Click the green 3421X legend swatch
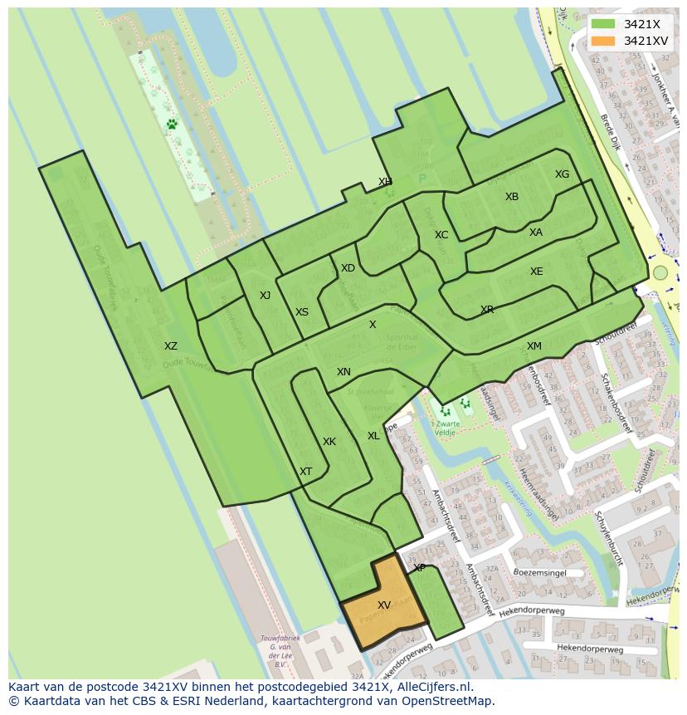tap(603, 24)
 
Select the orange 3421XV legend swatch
tap(603, 41)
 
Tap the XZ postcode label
tap(170, 346)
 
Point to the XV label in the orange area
tap(384, 605)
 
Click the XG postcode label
tap(563, 174)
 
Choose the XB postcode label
tap(512, 197)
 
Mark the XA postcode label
tap(536, 233)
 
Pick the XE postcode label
tap(537, 272)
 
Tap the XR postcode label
tap(487, 310)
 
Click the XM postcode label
tap(534, 346)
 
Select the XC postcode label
tap(441, 235)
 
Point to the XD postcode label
tap(348, 268)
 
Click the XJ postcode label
tap(265, 296)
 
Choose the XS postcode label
tap(302, 312)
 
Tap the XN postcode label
tap(343, 372)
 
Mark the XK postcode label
tap(329, 442)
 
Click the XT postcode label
tap(306, 472)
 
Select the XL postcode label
tap(373, 436)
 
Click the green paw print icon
tap(172, 125)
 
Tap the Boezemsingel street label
tap(539, 572)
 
